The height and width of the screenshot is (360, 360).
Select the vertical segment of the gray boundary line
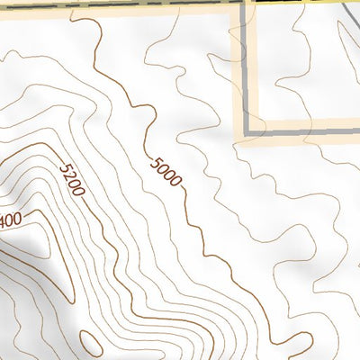coord(247,72)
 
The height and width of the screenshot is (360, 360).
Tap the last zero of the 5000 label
coord(177,184)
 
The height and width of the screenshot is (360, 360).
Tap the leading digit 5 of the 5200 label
coord(63,168)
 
